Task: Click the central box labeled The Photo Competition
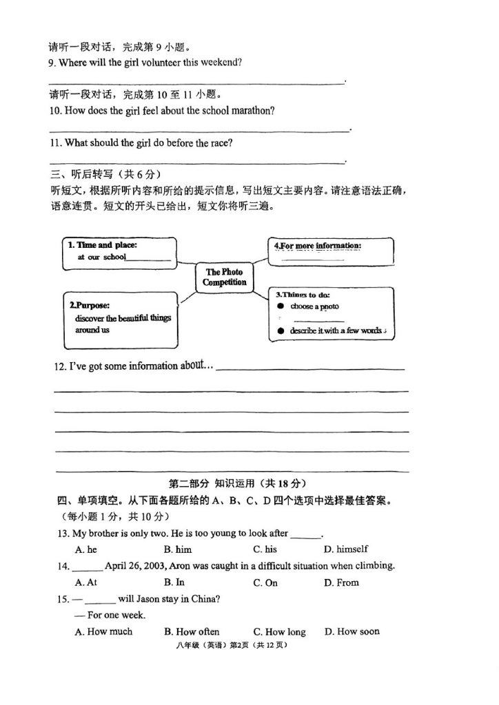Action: click(x=224, y=277)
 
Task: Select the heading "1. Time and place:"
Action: click(x=102, y=244)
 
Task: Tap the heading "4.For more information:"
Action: click(x=318, y=246)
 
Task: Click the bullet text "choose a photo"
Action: click(x=315, y=306)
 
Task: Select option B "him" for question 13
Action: click(x=178, y=549)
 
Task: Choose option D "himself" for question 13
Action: click(x=346, y=549)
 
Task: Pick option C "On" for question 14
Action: click(x=265, y=582)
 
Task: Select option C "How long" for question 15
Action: click(x=279, y=631)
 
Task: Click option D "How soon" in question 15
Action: click(x=352, y=631)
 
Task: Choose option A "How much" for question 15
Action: click(x=103, y=631)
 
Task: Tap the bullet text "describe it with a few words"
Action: click(x=335, y=331)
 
